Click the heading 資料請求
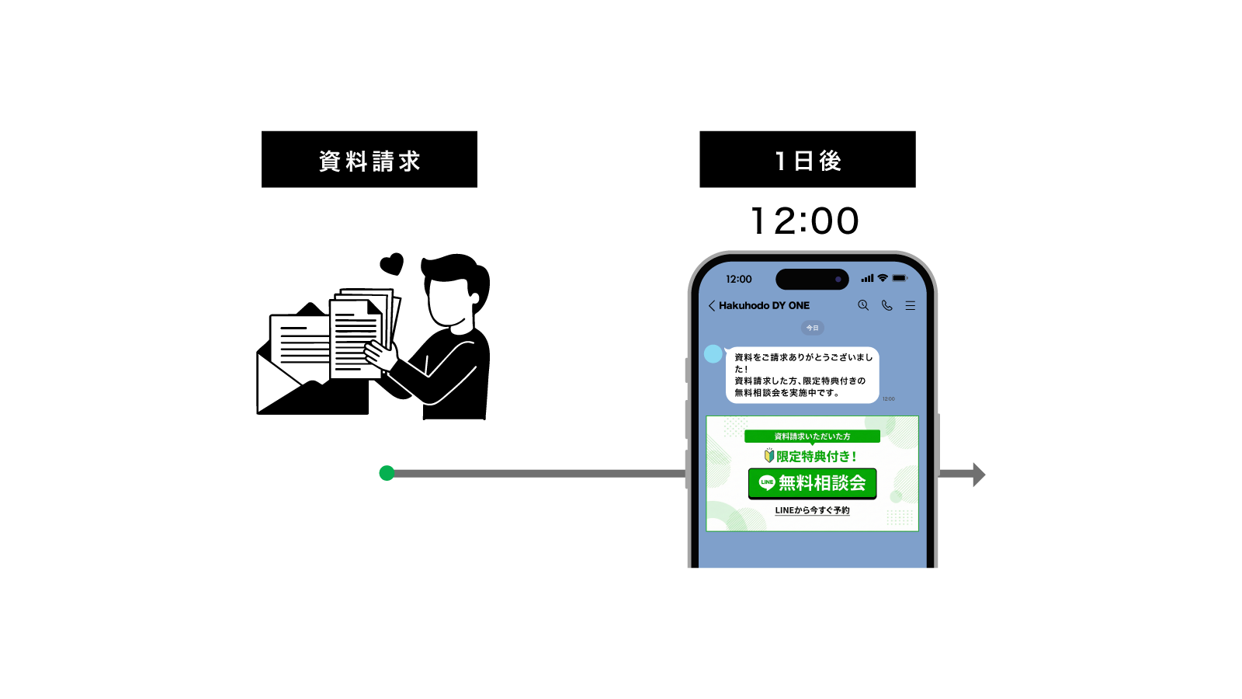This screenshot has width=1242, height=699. pyautogui.click(x=369, y=162)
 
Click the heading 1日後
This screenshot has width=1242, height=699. pyautogui.click(x=808, y=161)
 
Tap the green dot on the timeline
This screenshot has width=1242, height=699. pyautogui.click(x=387, y=473)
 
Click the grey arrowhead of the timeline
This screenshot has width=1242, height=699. pyautogui.click(x=978, y=474)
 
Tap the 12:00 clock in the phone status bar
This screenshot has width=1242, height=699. pyautogui.click(x=738, y=279)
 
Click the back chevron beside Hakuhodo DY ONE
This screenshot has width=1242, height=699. pyautogui.click(x=711, y=306)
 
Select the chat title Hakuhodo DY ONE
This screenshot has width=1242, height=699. pyautogui.click(x=764, y=306)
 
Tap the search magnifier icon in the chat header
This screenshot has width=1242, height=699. pyautogui.click(x=863, y=305)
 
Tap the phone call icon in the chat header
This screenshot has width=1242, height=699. pyautogui.click(x=886, y=305)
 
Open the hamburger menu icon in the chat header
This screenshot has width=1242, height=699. pyautogui.click(x=911, y=306)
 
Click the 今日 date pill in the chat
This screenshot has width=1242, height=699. pyautogui.click(x=812, y=328)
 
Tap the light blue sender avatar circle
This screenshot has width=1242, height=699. pyautogui.click(x=713, y=354)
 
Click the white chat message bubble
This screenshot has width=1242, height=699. pyautogui.click(x=802, y=375)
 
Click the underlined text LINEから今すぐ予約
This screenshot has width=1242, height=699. pyautogui.click(x=812, y=510)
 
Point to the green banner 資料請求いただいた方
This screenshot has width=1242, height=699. pyautogui.click(x=812, y=436)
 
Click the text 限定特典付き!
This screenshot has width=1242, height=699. pyautogui.click(x=816, y=457)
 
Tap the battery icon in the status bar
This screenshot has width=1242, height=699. pyautogui.click(x=900, y=278)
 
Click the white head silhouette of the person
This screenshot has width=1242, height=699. pyautogui.click(x=453, y=304)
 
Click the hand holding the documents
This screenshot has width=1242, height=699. pyautogui.click(x=381, y=355)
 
